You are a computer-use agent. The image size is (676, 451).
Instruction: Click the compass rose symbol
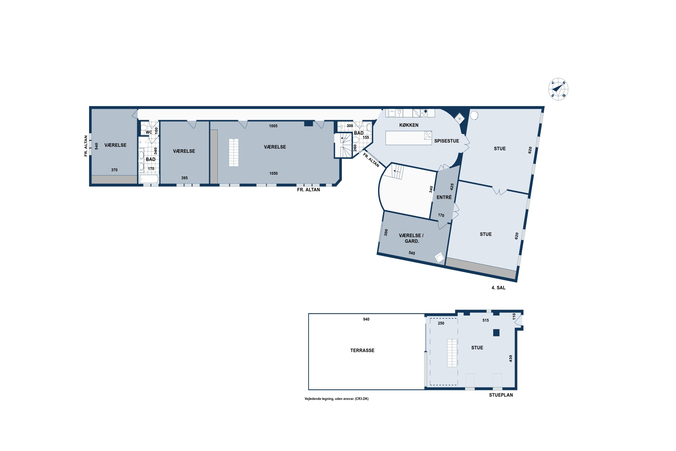coord(558,89)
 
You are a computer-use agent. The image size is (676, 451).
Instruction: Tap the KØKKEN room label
coord(409,125)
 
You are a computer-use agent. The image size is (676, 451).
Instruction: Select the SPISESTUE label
coord(447,141)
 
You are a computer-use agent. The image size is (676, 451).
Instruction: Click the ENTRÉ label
coord(444,197)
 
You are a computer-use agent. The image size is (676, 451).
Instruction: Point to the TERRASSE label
coord(362,350)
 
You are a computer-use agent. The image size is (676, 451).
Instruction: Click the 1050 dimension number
coord(273,173)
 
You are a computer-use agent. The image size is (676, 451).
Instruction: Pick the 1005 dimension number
coord(273,126)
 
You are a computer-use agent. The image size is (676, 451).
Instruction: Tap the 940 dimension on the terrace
coord(366,319)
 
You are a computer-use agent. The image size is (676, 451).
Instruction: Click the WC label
coord(148,132)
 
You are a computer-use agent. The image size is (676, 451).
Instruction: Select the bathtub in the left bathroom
coord(148,179)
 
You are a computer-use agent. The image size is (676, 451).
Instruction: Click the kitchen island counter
coord(408,138)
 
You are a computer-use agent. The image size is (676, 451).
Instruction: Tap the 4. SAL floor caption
coord(498,288)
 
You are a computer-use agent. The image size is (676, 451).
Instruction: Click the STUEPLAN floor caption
coord(501,395)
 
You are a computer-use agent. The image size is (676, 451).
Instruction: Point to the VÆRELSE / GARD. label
coord(411,238)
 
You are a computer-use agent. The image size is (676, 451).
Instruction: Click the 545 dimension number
coord(412,253)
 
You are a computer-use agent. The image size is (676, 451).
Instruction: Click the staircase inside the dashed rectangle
coord(452,353)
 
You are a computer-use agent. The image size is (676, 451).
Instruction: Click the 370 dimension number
coord(114,170)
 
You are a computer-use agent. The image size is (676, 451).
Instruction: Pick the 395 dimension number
coord(185,178)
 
